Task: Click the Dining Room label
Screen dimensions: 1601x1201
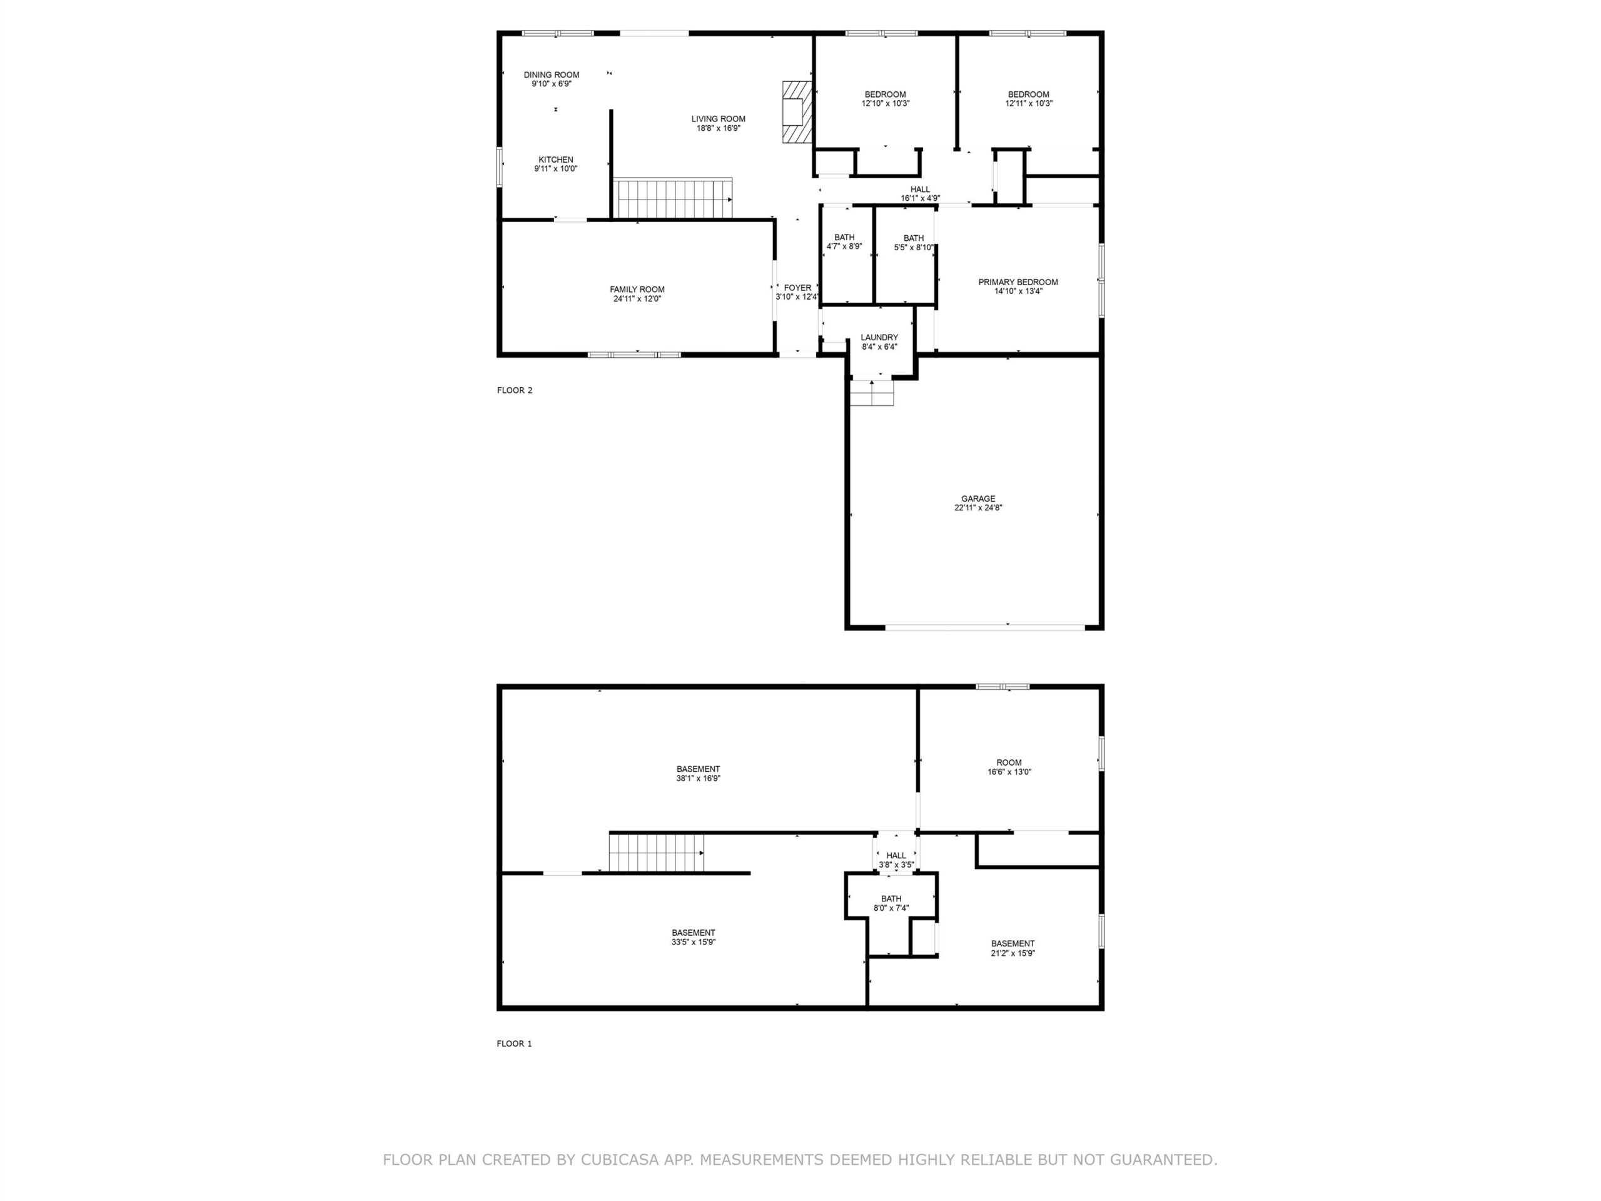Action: [552, 74]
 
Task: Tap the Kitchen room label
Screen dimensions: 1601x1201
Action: [556, 160]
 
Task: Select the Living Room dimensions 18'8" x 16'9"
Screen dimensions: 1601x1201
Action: [718, 128]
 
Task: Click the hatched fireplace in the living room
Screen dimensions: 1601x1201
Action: [796, 111]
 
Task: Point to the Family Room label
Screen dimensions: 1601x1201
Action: [637, 290]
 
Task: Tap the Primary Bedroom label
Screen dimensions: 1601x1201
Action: [1018, 282]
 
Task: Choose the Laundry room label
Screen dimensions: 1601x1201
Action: [879, 337]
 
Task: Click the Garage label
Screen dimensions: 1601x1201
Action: [979, 499]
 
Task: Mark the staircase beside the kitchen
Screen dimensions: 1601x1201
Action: [673, 198]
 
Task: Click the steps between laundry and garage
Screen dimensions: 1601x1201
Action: [871, 392]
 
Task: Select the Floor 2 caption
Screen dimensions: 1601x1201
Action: [515, 390]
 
